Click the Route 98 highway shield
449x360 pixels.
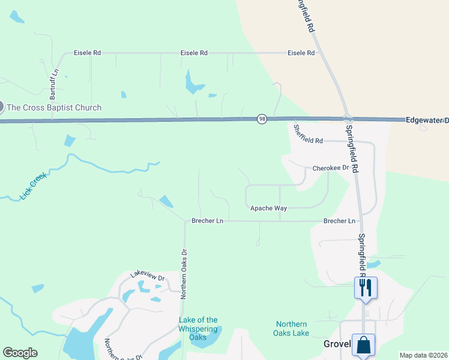(x=262, y=119)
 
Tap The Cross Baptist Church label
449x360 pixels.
(x=53, y=108)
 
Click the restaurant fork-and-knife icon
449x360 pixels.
(x=365, y=288)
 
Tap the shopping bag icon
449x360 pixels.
(x=363, y=346)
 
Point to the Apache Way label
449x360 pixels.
(x=268, y=208)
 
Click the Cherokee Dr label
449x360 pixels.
(x=330, y=169)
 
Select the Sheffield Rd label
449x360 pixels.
(x=308, y=134)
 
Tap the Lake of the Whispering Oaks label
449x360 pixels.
(x=198, y=328)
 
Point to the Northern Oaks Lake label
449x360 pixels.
(x=291, y=329)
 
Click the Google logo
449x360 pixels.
(x=20, y=353)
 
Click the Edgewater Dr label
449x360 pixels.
(x=427, y=121)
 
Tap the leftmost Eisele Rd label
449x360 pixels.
(x=87, y=53)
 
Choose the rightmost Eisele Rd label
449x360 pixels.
(x=301, y=53)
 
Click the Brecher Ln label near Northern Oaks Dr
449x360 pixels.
(x=207, y=221)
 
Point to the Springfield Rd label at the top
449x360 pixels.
(x=306, y=16)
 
